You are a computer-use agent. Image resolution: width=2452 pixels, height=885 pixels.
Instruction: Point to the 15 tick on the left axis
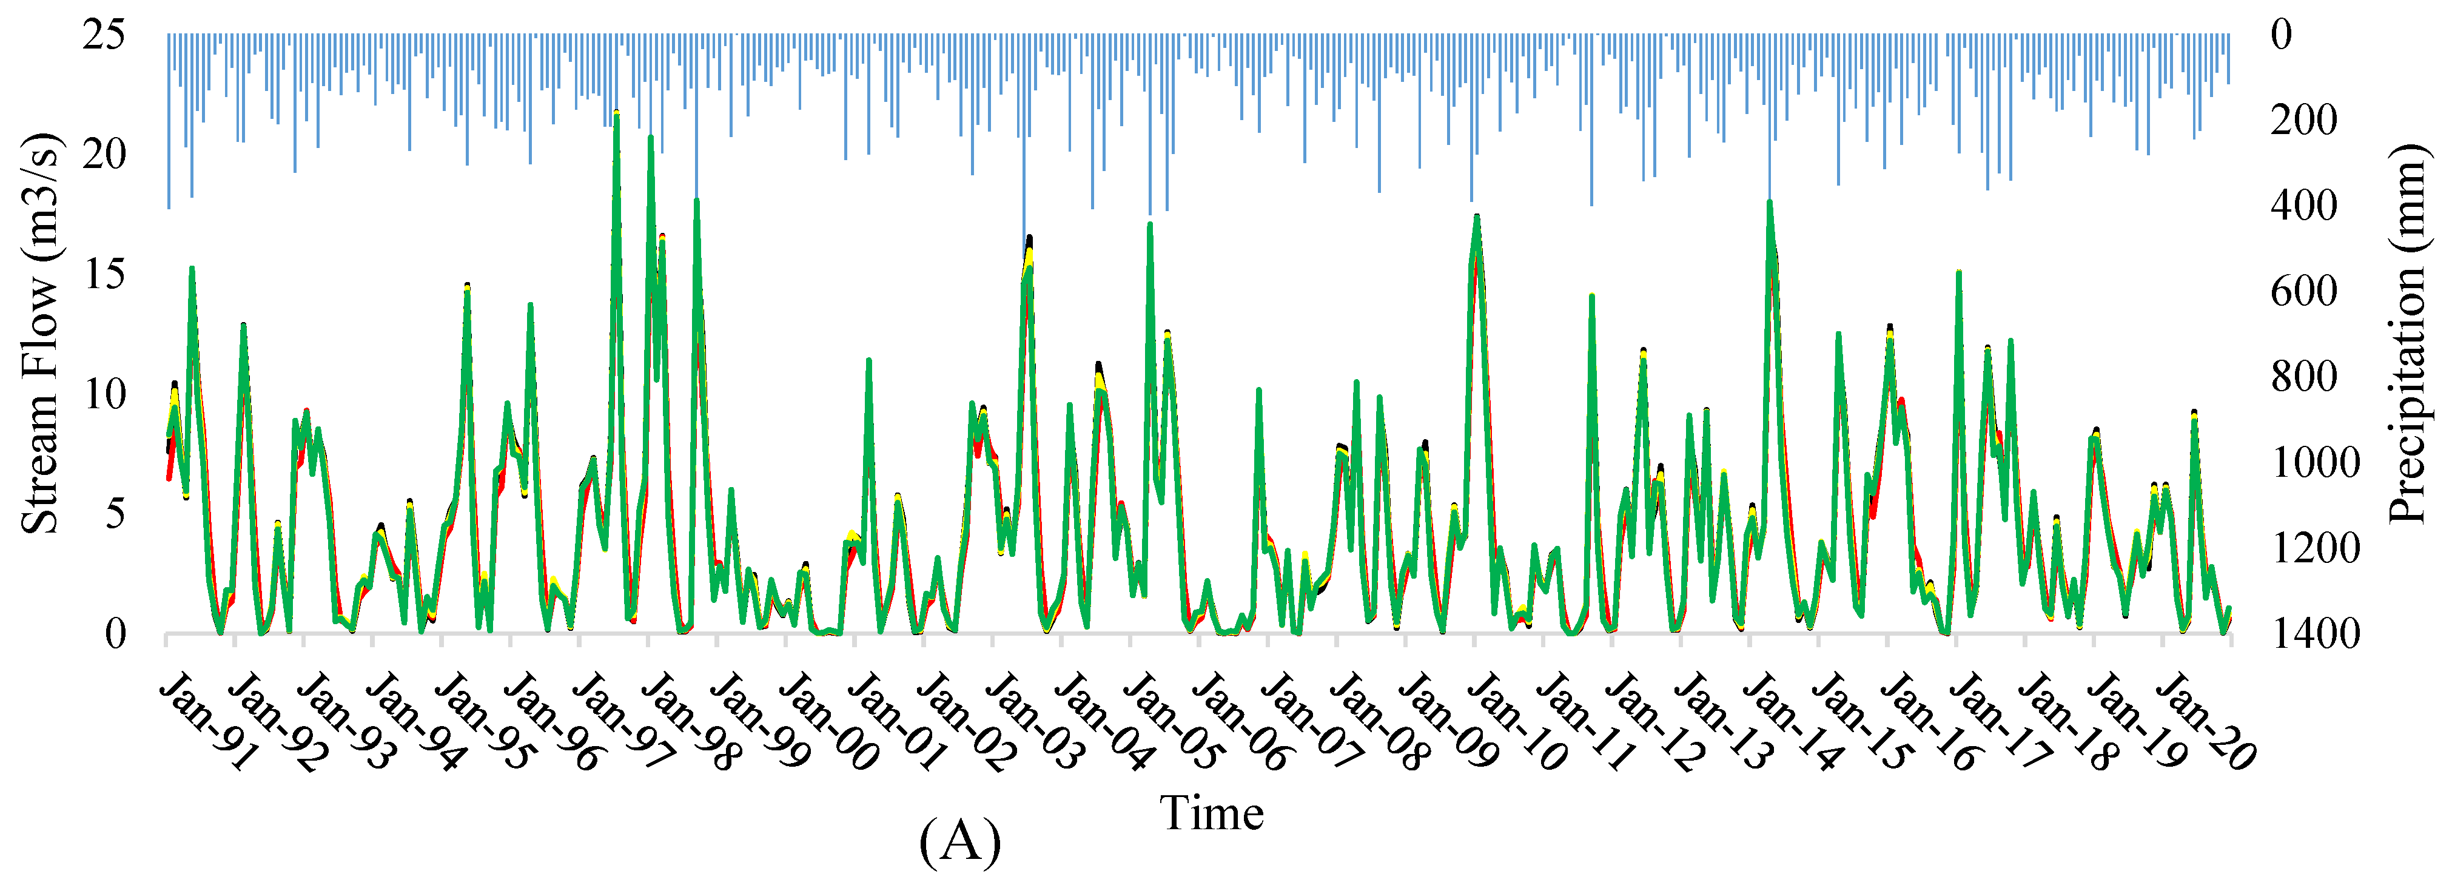pos(103,275)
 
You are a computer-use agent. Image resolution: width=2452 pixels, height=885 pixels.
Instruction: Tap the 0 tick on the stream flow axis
pos(115,634)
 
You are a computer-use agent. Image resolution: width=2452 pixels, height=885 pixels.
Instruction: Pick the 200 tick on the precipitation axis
pos(2303,121)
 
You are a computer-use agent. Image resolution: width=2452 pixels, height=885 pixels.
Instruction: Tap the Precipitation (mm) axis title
pos(2408,333)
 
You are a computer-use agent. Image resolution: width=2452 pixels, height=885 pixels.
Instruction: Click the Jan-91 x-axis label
pos(207,721)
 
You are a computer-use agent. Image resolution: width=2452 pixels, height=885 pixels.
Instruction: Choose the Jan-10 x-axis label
pos(1516,721)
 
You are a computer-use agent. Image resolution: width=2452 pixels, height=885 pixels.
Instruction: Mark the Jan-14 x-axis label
pos(1792,721)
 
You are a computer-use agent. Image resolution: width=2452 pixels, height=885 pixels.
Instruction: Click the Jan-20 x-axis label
pos(2205,721)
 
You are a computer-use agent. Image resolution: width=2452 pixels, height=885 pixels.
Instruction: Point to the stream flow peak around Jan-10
pos(1476,218)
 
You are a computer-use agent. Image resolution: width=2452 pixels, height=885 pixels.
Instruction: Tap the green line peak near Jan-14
pos(1770,203)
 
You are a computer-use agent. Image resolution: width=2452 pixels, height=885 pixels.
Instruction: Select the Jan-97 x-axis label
pos(620,721)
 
